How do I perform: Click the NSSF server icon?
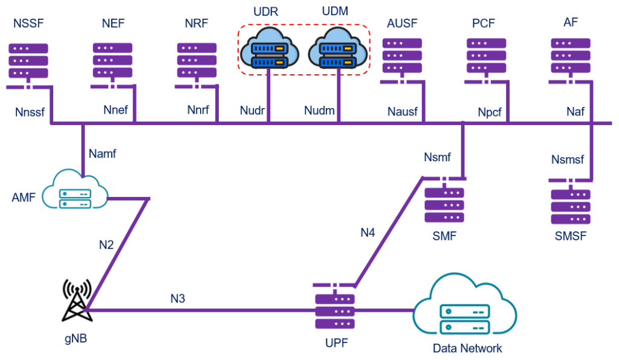coord(28,60)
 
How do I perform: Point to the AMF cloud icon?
coord(76,190)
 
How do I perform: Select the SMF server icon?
coord(444,205)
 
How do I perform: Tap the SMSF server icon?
coord(570,205)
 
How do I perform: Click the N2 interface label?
coord(106,245)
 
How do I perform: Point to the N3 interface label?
coord(177,298)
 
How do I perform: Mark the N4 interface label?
coord(368,232)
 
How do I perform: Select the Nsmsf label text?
coord(568,159)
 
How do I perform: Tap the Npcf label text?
coord(490,112)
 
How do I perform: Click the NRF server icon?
coord(197,60)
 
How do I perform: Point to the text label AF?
coord(570,22)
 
